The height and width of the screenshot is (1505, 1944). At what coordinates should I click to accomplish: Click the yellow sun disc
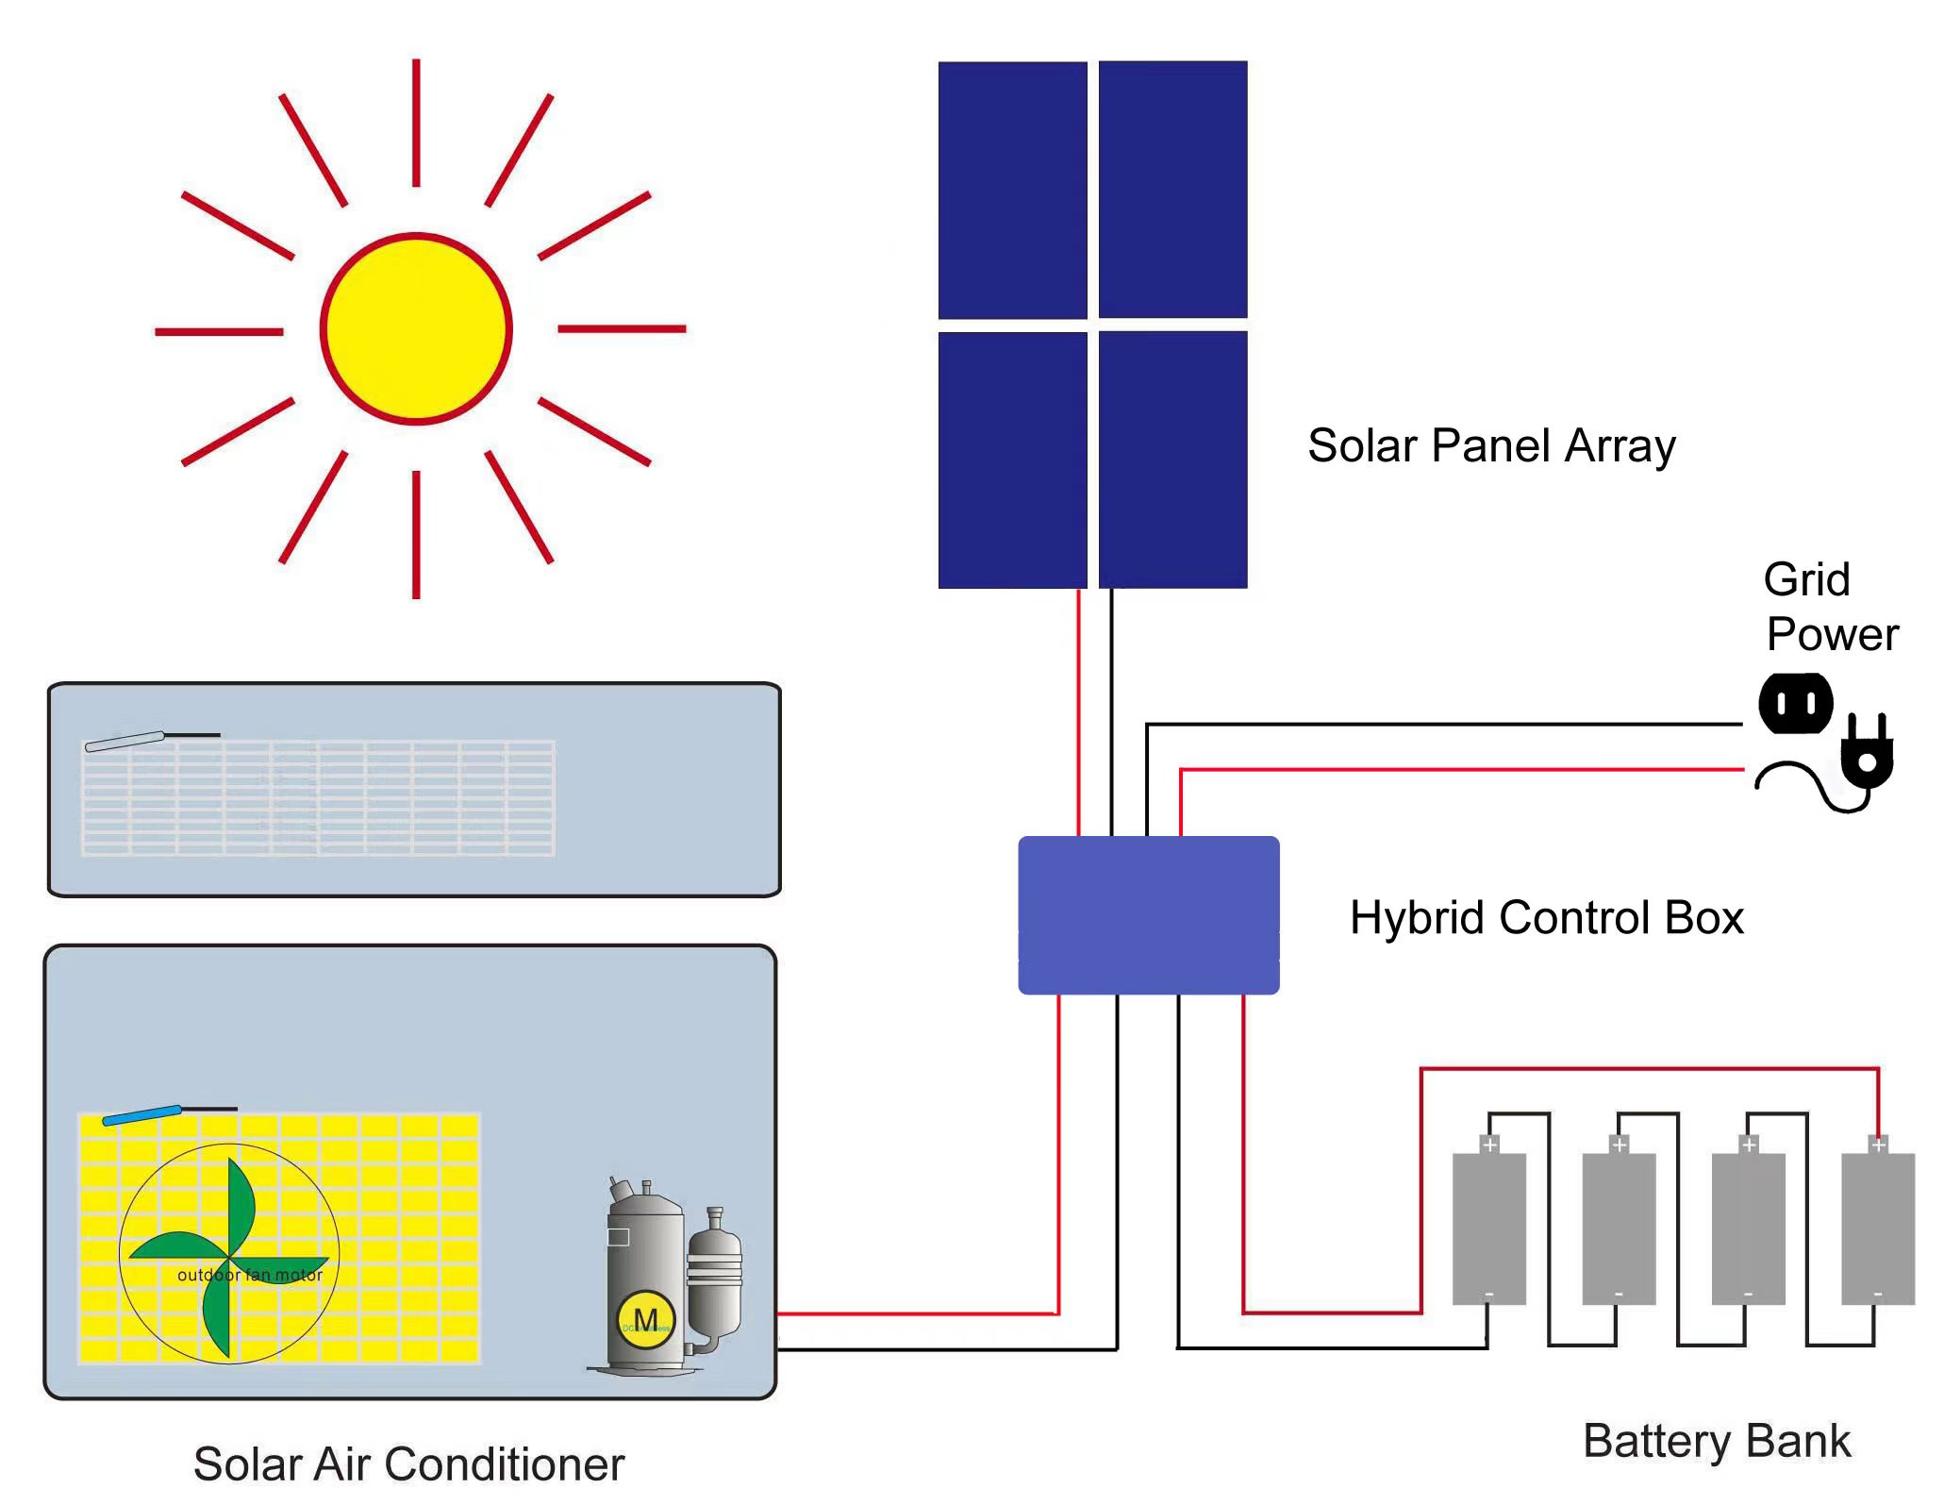pyautogui.click(x=416, y=328)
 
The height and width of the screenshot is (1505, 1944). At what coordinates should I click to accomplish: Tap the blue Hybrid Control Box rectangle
pyautogui.click(x=1148, y=914)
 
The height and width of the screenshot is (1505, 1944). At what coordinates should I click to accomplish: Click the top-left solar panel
pyautogui.click(x=1012, y=190)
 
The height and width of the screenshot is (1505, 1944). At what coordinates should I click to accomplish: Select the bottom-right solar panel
pyautogui.click(x=1172, y=460)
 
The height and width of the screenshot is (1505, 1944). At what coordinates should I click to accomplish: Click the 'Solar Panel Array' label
pyautogui.click(x=1491, y=445)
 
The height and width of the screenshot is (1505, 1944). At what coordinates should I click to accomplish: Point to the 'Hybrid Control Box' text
pyautogui.click(x=1546, y=917)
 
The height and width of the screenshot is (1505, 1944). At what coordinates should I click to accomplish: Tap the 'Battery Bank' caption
pyautogui.click(x=1716, y=1441)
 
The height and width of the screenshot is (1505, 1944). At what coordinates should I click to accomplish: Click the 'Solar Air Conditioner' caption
pyautogui.click(x=408, y=1463)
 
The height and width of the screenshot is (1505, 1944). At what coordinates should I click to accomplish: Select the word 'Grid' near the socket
pyautogui.click(x=1805, y=579)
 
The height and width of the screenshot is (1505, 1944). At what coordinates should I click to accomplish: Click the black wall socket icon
pyautogui.click(x=1795, y=703)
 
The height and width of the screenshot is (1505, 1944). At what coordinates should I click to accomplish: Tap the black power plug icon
pyautogui.click(x=1866, y=755)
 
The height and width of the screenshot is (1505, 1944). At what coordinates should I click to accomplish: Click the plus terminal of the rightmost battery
pyautogui.click(x=1878, y=1145)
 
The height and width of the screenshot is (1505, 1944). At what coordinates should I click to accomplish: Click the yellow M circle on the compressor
pyautogui.click(x=645, y=1319)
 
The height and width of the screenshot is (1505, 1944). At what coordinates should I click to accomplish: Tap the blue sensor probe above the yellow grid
pyautogui.click(x=141, y=1115)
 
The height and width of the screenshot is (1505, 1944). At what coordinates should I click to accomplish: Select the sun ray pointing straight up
pyautogui.click(x=416, y=123)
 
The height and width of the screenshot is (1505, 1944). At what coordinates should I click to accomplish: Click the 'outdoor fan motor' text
pyautogui.click(x=250, y=1275)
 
